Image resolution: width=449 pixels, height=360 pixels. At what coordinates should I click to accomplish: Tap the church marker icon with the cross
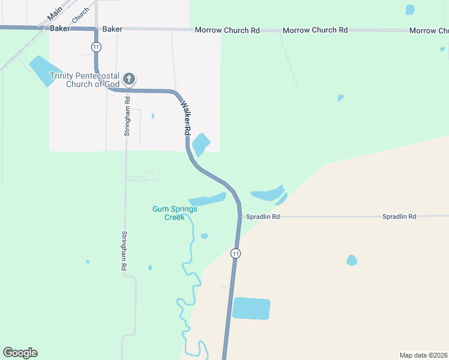(128, 79)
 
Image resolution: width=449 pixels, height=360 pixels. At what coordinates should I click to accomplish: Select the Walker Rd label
(186, 118)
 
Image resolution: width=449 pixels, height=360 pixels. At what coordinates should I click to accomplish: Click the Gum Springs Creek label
(174, 213)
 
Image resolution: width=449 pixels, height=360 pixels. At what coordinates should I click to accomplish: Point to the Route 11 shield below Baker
(96, 47)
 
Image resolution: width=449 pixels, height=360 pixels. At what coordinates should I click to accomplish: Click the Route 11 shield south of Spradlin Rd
(236, 253)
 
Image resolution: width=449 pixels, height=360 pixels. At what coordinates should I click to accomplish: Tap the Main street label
(55, 12)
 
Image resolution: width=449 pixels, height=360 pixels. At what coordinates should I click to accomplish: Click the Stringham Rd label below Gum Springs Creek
(125, 250)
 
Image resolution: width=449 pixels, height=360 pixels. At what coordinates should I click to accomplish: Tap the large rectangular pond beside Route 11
(251, 308)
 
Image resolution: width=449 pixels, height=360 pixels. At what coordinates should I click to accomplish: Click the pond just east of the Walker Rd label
(200, 144)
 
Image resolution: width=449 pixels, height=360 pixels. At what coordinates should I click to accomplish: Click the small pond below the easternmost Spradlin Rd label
(352, 260)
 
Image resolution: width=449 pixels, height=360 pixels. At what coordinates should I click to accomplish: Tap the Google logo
(20, 353)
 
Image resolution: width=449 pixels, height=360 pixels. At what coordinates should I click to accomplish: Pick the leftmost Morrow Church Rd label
(227, 30)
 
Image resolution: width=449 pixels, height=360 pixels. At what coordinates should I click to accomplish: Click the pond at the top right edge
(410, 10)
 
